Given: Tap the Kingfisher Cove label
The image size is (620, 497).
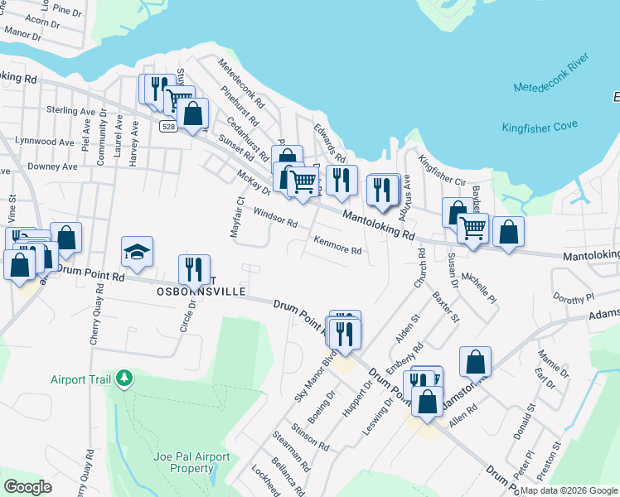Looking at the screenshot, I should pyautogui.click(x=539, y=127).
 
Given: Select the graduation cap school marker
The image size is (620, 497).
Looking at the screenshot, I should pyautogui.click(x=138, y=251).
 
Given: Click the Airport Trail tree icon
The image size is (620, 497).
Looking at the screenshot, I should pyautogui.click(x=125, y=379).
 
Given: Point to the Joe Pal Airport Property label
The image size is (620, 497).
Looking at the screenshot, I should pyautogui.click(x=184, y=462).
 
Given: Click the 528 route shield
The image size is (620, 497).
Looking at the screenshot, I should pyautogui.click(x=169, y=127).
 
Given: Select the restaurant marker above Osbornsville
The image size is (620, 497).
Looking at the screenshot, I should pyautogui.click(x=193, y=268).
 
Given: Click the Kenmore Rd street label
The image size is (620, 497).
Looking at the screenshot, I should pyautogui.click(x=337, y=245).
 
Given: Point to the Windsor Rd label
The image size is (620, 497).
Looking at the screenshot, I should pyautogui.click(x=275, y=218).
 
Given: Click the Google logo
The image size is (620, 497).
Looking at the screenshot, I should pyautogui.click(x=27, y=487).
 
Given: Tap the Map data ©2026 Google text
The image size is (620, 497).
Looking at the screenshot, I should pyautogui.click(x=569, y=490).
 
